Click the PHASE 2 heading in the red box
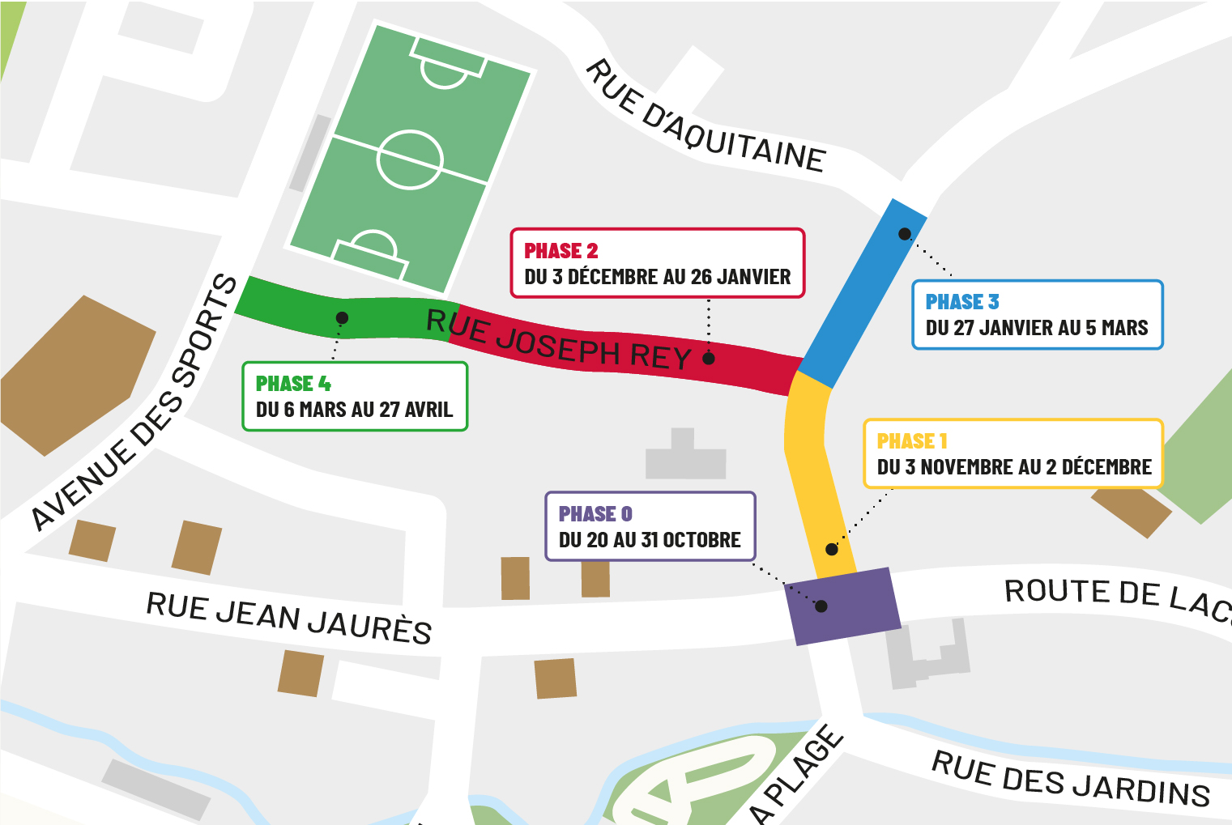561,251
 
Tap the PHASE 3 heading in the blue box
961,302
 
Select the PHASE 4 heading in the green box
292,384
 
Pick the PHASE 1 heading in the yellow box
911,441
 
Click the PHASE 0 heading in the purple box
595,514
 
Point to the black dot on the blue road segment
905,234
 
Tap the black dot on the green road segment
343,318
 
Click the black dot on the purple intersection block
821,606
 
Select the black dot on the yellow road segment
832,549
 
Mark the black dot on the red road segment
709,359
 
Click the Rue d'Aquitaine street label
705,117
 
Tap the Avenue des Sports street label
134,405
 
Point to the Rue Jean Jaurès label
288,618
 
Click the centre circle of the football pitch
410,159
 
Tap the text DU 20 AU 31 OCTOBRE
650,540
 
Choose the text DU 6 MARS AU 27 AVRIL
354,410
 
